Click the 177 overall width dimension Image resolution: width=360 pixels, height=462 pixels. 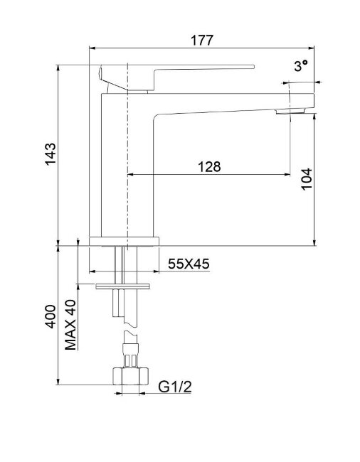(201, 40)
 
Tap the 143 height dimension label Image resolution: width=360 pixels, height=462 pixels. (50, 154)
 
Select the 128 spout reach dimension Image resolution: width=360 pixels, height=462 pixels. (209, 167)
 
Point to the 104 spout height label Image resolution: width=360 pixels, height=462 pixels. (307, 179)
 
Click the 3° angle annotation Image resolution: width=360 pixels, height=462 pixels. (301, 65)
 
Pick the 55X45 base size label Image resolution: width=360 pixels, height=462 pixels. (189, 264)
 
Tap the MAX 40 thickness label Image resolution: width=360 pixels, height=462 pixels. (70, 325)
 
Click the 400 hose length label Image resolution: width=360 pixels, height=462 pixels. (50, 317)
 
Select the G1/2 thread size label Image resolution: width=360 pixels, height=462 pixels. (175, 387)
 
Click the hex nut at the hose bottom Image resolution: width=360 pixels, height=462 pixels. (131, 376)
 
